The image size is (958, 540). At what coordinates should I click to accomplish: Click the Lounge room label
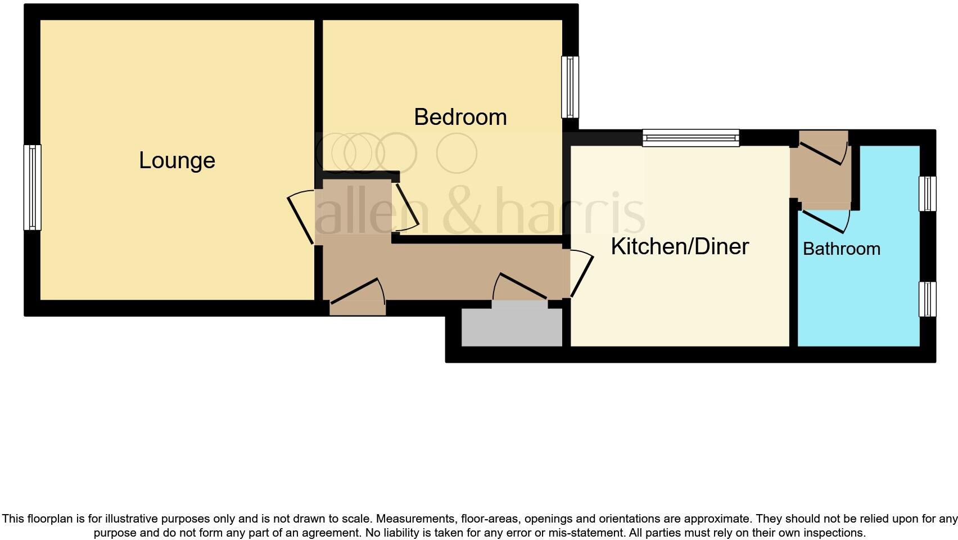[177, 161]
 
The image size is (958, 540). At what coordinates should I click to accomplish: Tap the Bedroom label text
[460, 117]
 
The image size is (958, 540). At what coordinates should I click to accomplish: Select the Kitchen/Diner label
[680, 246]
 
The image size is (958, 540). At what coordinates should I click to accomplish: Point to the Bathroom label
[841, 249]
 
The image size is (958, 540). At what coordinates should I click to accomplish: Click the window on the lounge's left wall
[32, 187]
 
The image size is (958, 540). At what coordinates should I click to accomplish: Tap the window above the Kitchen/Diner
[690, 138]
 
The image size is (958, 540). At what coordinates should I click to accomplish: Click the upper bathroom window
[928, 193]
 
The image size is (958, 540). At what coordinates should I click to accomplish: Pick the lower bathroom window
[928, 299]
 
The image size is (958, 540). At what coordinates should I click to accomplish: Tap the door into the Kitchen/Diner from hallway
[581, 274]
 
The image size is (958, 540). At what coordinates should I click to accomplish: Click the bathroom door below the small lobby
[825, 220]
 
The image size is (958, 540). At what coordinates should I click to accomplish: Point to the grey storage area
[512, 327]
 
